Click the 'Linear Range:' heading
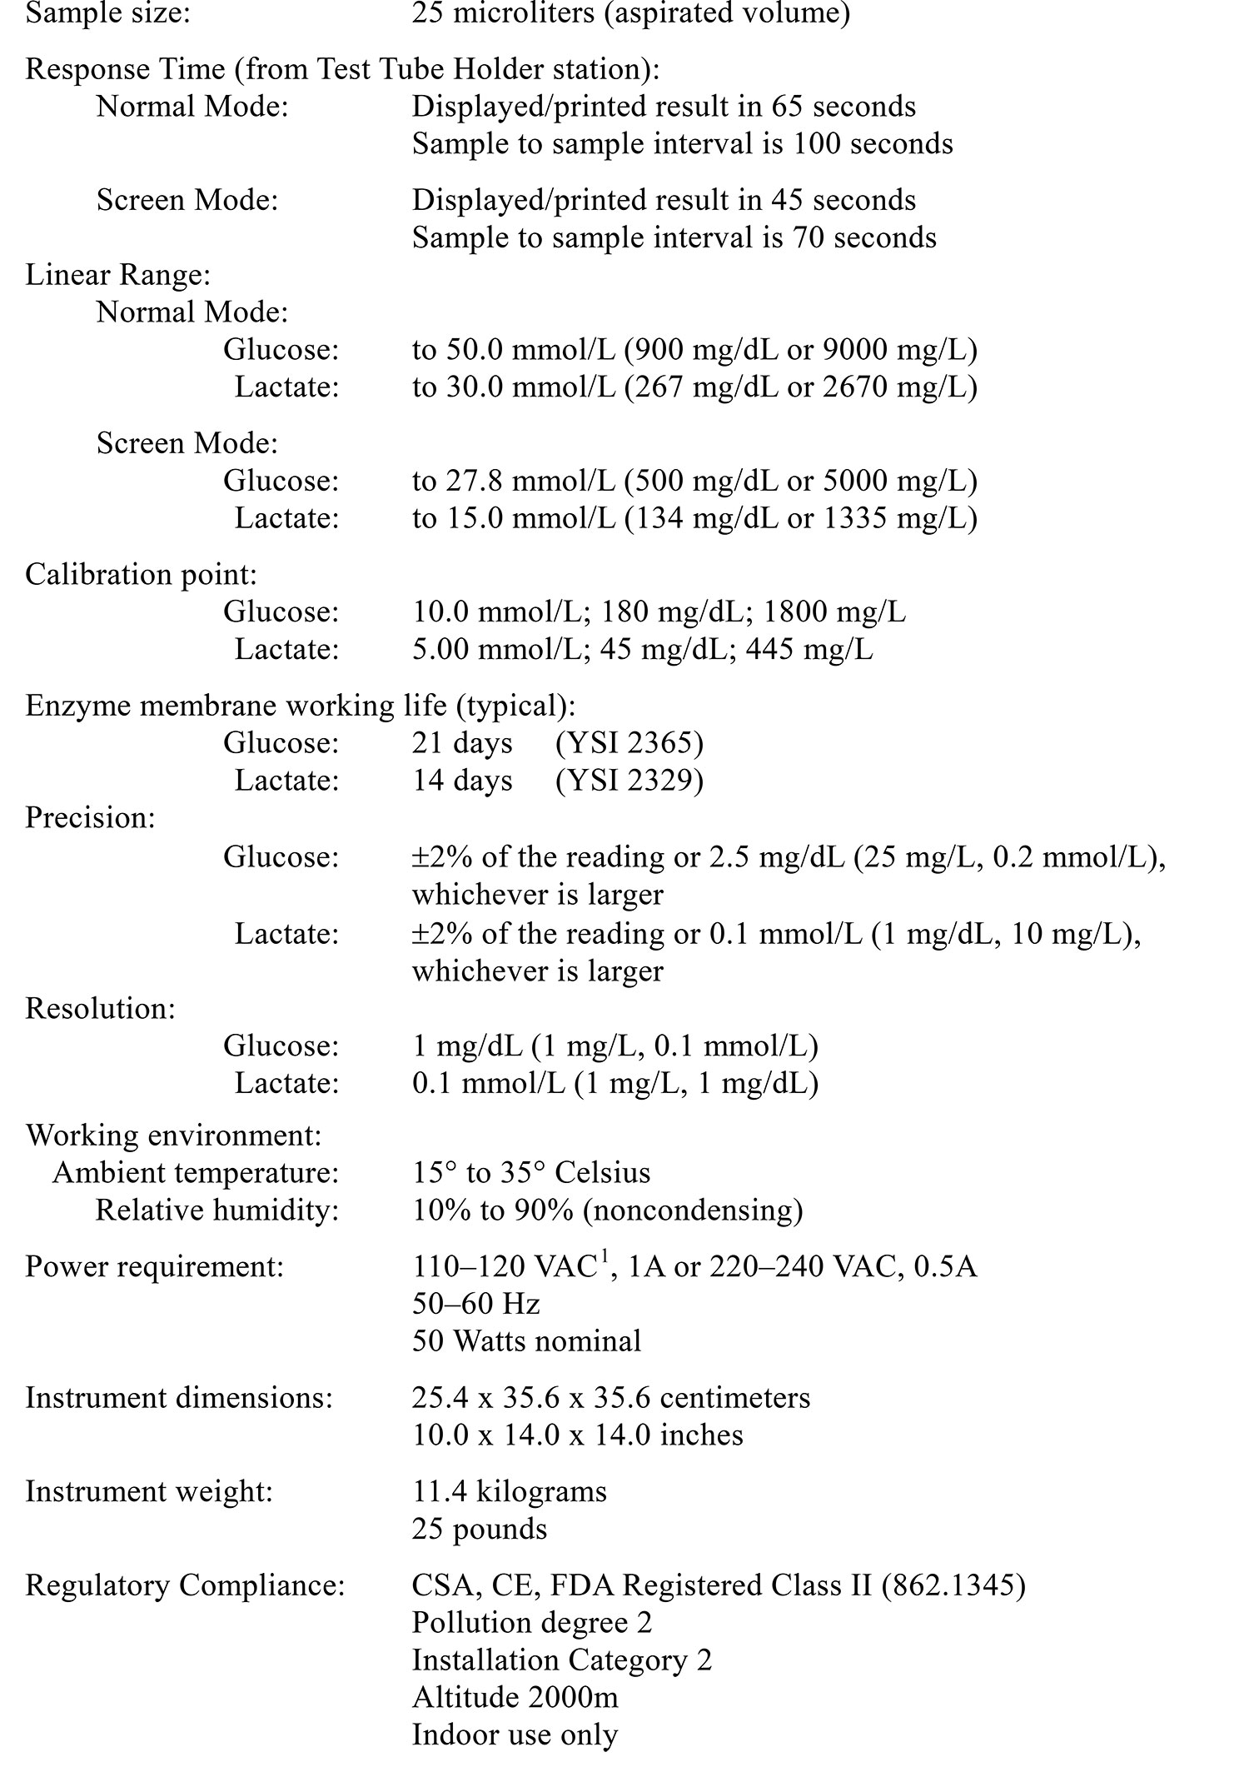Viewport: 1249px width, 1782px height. click(117, 275)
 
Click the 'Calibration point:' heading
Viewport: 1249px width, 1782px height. click(141, 574)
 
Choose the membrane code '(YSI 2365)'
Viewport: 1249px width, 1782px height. click(629, 742)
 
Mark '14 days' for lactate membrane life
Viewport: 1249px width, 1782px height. click(462, 780)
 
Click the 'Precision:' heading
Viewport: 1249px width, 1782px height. click(90, 817)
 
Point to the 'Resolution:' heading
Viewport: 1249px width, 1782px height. click(100, 1008)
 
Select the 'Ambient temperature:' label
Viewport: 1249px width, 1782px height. click(196, 1172)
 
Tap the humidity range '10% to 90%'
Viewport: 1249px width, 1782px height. click(492, 1210)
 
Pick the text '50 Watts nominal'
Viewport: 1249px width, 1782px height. click(526, 1340)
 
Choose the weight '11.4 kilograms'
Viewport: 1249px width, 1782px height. click(509, 1490)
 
